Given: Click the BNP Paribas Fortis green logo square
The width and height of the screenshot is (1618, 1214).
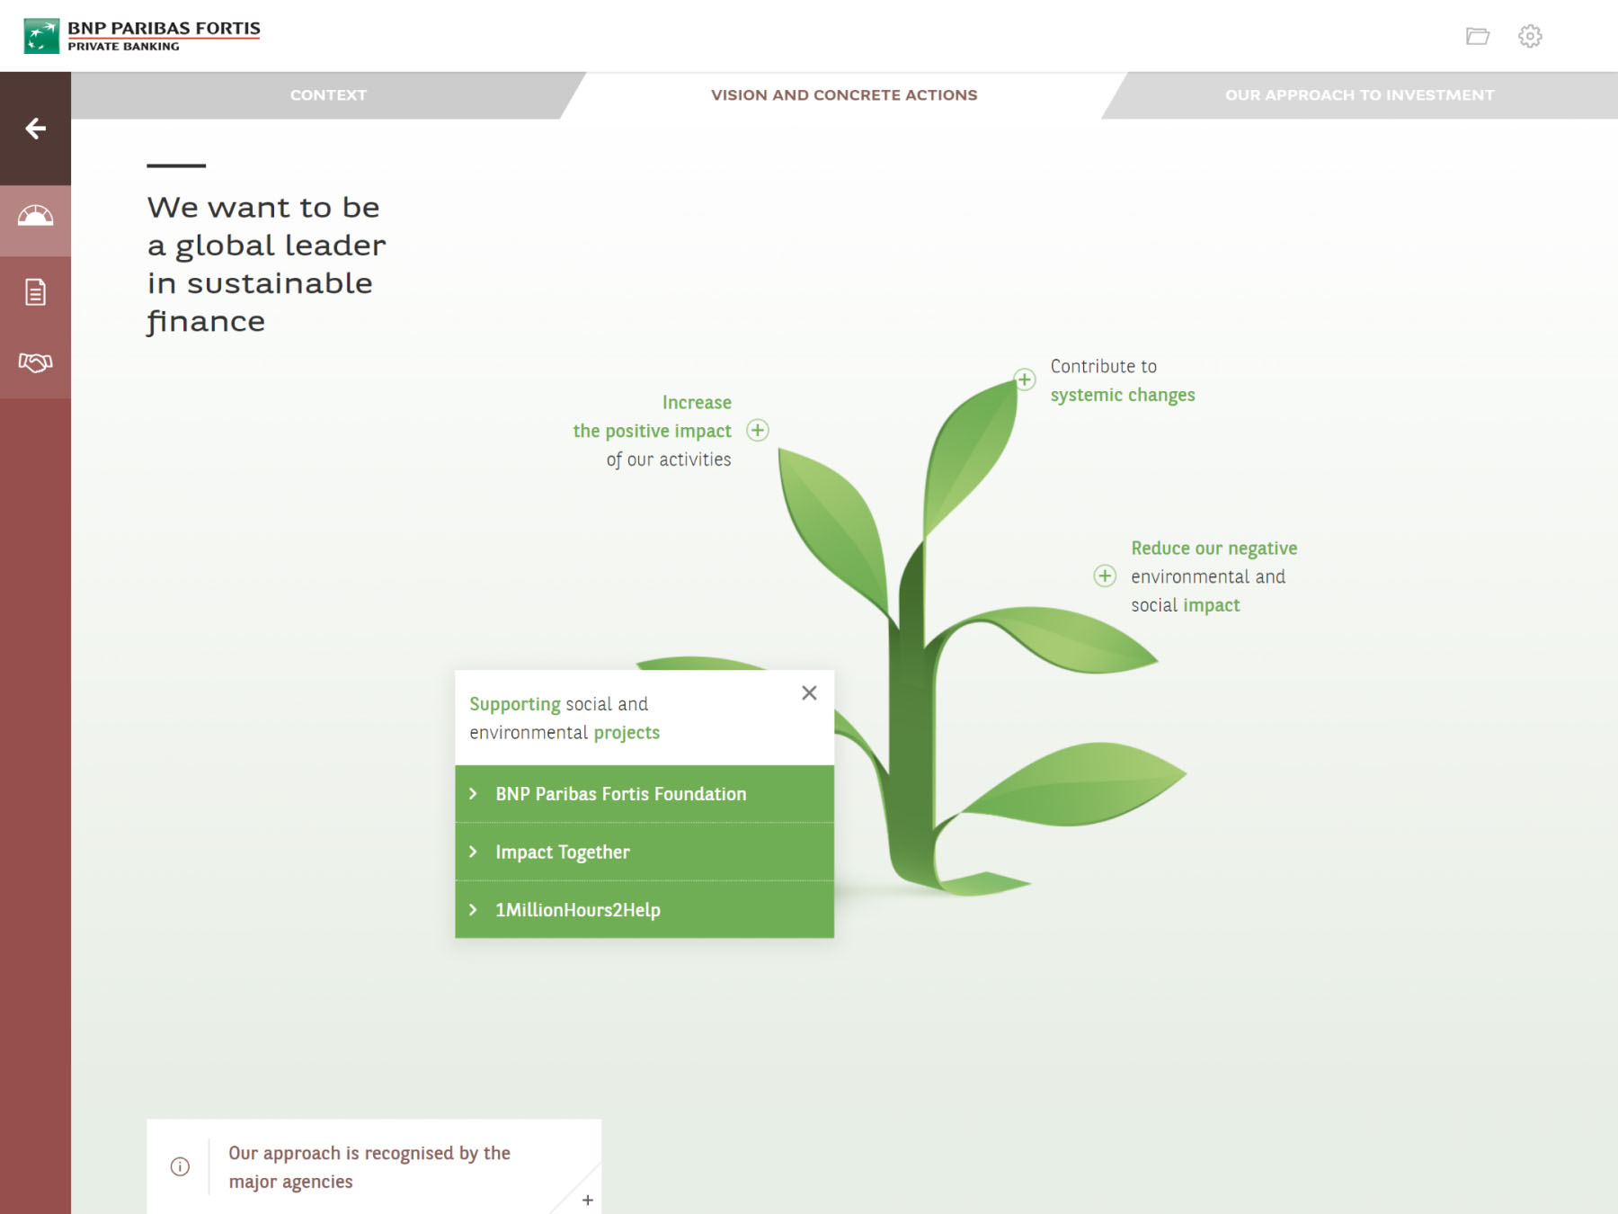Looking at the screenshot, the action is click(x=41, y=36).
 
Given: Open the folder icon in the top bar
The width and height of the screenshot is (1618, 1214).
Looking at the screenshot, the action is click(x=1478, y=36).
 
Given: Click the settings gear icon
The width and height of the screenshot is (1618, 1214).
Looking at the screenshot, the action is click(x=1530, y=36).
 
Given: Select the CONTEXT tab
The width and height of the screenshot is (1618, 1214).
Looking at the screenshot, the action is click(x=328, y=95).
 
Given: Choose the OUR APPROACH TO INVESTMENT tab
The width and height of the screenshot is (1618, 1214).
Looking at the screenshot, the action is click(x=1359, y=95).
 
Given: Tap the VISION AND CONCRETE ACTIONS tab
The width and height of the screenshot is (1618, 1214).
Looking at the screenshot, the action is click(x=844, y=95).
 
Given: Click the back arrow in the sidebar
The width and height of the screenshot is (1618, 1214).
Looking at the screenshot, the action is click(x=36, y=129).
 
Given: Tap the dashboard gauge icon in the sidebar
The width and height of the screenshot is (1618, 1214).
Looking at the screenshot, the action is click(x=36, y=216).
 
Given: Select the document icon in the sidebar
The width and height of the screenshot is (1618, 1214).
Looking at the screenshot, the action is click(x=36, y=292).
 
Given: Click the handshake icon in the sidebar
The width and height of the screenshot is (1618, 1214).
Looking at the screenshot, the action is click(x=36, y=362).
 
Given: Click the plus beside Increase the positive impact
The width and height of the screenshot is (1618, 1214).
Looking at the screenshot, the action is click(x=758, y=431).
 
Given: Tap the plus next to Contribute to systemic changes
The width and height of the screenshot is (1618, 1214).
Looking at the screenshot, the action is click(x=1025, y=379).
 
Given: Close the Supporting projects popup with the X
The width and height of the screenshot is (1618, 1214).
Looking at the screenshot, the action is click(x=809, y=692).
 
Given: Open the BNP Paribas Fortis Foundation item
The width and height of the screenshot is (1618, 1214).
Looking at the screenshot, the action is click(x=645, y=794).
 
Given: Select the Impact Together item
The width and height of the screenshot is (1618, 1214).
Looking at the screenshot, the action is click(x=645, y=852).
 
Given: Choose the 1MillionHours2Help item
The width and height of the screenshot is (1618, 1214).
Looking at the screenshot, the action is click(x=645, y=910).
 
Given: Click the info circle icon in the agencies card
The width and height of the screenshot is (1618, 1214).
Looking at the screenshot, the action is click(x=180, y=1166).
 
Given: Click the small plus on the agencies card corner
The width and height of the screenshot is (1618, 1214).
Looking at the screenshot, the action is click(x=588, y=1200).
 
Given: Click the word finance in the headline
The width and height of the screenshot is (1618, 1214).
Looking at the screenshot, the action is click(x=206, y=321).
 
